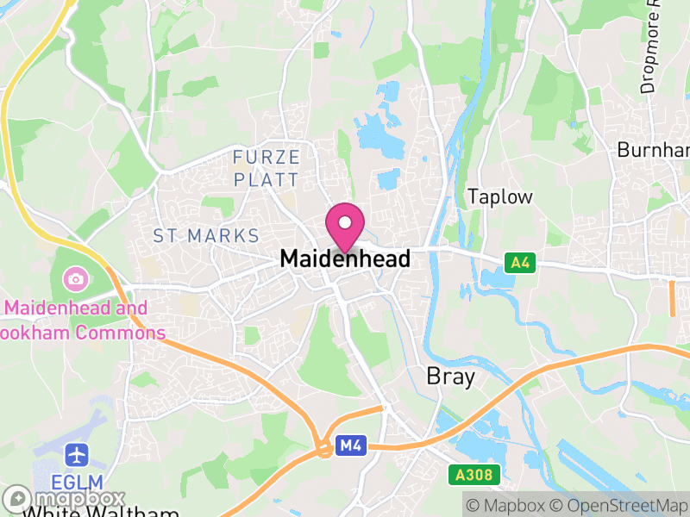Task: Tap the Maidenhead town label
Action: pos(345,258)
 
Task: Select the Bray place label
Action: pos(451,377)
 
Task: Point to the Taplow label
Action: pos(500,196)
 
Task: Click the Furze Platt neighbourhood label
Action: pos(267,168)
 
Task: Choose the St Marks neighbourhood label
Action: pos(206,235)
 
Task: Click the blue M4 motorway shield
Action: pos(349,445)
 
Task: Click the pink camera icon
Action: pos(75,278)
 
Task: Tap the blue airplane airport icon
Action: pos(78,454)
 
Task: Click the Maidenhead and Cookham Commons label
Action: pos(82,320)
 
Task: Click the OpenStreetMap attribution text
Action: pos(618,506)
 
